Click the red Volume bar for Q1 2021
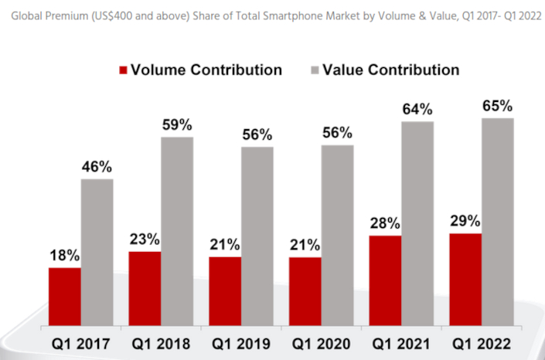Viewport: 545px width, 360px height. point(386,280)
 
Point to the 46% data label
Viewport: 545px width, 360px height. point(97,166)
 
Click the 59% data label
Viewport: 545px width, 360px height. point(177,124)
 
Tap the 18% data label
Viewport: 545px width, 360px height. point(64,255)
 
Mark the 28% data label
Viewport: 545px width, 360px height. point(386,223)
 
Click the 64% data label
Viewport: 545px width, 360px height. point(418,109)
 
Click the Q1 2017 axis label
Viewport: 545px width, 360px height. point(80,342)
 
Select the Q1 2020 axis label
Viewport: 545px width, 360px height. point(320,342)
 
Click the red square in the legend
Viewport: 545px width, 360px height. point(122,70)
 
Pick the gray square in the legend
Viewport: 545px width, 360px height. point(313,70)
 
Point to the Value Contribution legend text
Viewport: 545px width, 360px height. point(390,70)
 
